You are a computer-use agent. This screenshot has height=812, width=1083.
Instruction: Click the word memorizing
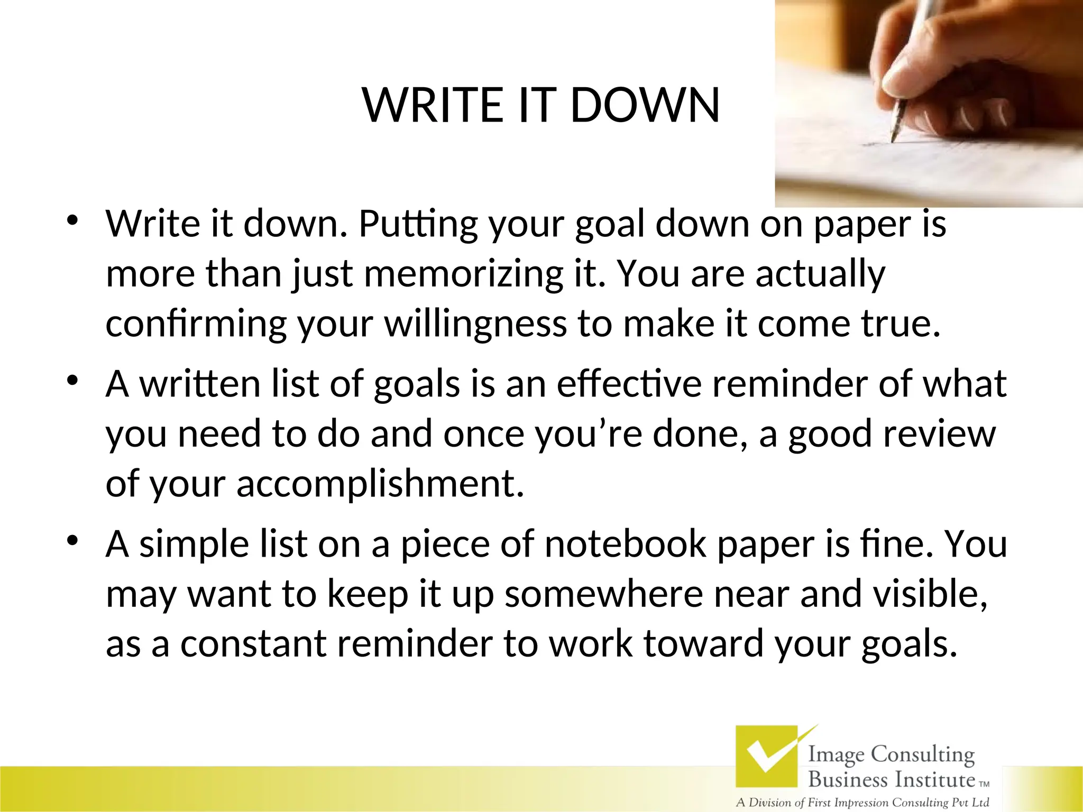pos(463,274)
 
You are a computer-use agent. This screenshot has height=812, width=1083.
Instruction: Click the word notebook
pos(625,544)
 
